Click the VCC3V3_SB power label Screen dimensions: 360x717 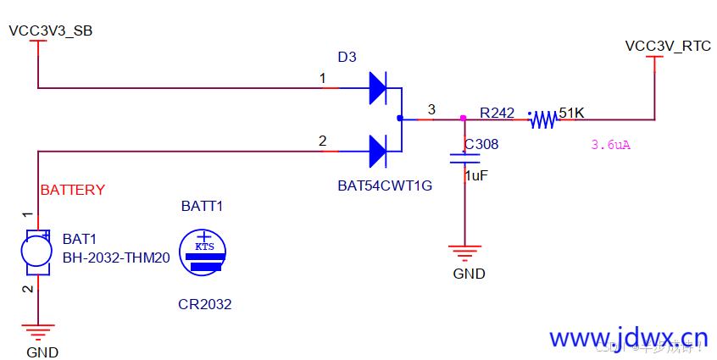[x=50, y=31]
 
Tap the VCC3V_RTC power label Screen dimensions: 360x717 [x=668, y=46]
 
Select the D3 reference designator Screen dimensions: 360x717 [x=347, y=58]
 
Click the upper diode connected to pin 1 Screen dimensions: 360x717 [x=378, y=87]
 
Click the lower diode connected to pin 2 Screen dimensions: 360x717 [x=378, y=152]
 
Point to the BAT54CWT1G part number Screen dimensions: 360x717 [x=384, y=186]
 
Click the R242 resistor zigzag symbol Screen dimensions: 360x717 [x=542, y=120]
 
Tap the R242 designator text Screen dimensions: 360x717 [x=497, y=112]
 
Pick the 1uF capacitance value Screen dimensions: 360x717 [x=477, y=176]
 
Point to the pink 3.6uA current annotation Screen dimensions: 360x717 [x=610, y=145]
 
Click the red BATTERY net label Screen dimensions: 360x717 [x=73, y=190]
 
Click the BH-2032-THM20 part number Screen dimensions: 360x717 [x=116, y=258]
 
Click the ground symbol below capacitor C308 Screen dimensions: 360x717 [x=464, y=252]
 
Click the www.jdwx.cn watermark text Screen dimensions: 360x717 [x=628, y=339]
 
